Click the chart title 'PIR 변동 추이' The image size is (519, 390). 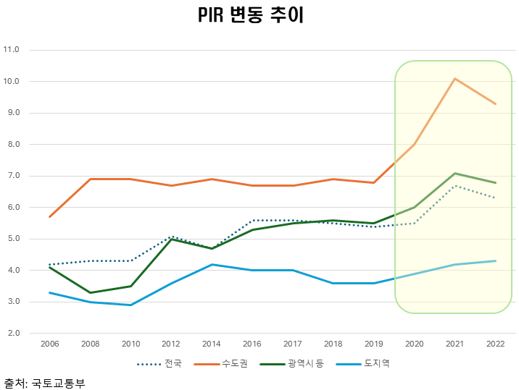point(250,17)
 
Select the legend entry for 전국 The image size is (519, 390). point(163,363)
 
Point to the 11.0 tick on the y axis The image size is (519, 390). point(12,50)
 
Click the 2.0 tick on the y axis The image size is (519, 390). point(12,334)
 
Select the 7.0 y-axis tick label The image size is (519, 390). point(12,176)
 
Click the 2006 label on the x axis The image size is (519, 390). point(49,344)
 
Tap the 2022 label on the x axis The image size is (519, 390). point(495,344)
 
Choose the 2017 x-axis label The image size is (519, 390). point(292,344)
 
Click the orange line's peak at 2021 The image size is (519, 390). point(454,78)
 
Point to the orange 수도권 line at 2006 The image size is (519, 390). point(49,217)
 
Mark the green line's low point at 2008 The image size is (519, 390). point(90,292)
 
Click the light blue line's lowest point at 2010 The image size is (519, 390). point(130,305)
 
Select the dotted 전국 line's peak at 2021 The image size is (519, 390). point(454,185)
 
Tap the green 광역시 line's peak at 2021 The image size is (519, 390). point(454,173)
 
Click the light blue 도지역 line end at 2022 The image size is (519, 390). point(495,260)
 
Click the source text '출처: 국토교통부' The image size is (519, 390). point(44,383)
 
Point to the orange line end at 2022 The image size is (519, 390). point(495,103)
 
